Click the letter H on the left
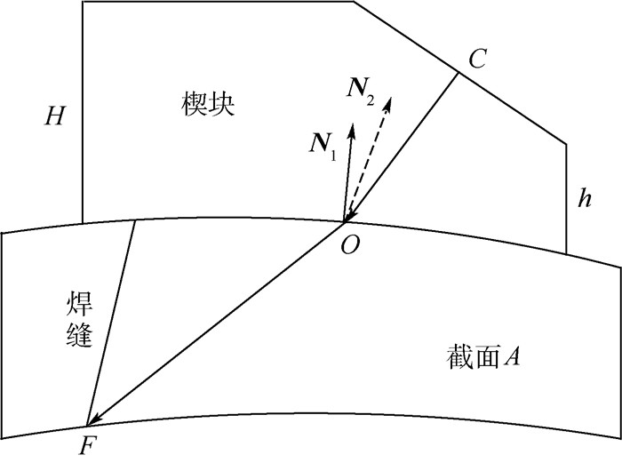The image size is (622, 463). (x=55, y=116)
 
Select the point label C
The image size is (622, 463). (x=477, y=60)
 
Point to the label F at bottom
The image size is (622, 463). (x=85, y=445)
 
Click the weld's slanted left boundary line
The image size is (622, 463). (x=111, y=320)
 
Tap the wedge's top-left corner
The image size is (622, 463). (x=83, y=2)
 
